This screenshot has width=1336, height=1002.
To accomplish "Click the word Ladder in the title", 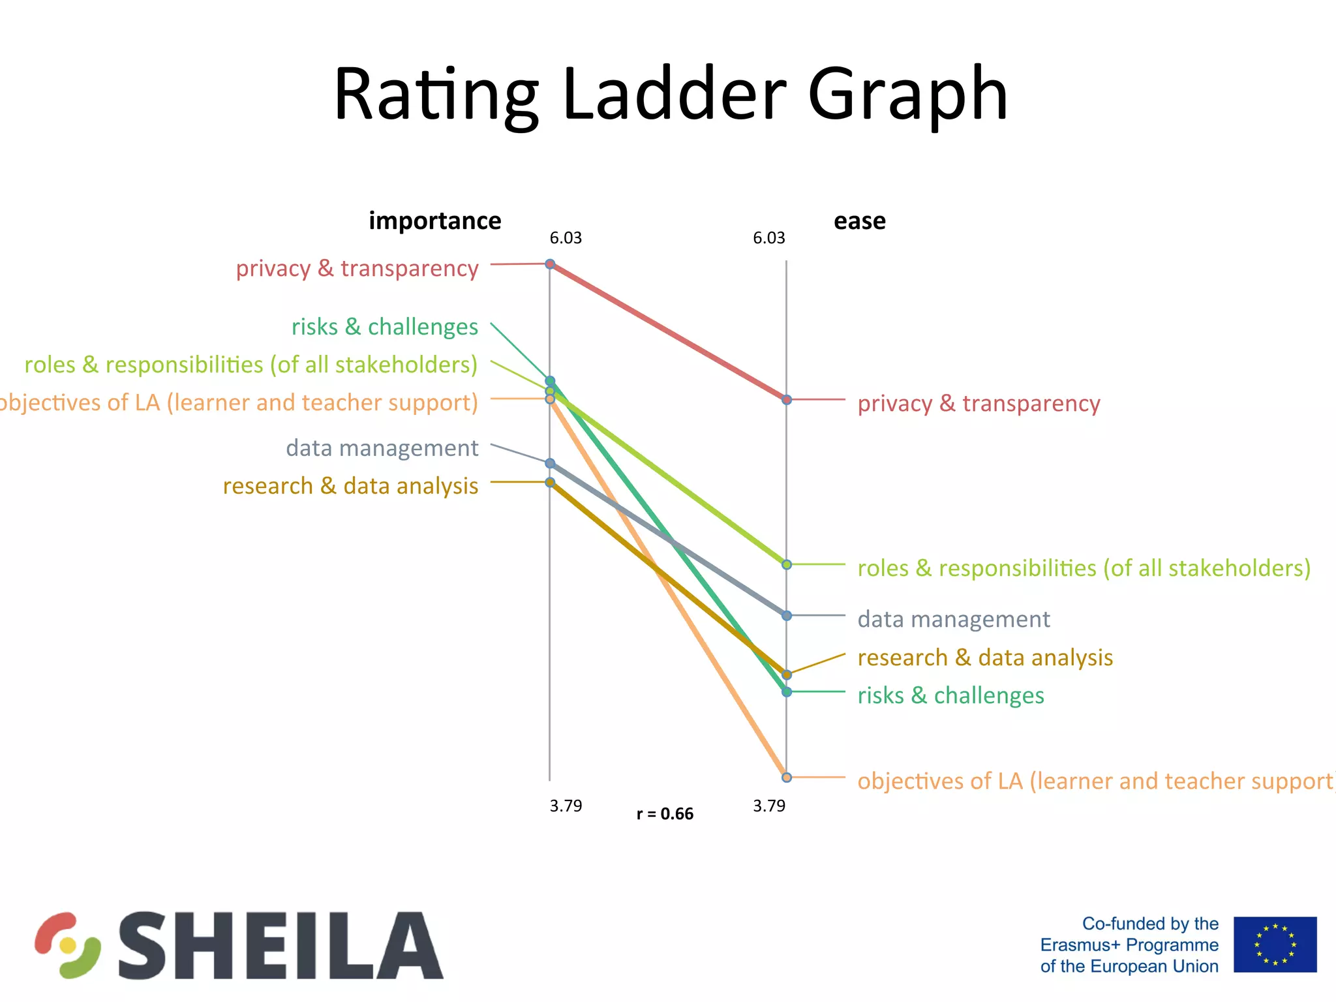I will click(674, 95).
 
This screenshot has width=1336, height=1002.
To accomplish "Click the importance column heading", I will click(434, 221).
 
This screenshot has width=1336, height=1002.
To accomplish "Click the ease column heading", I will click(859, 221).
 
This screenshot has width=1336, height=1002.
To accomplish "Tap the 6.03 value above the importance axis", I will click(565, 238).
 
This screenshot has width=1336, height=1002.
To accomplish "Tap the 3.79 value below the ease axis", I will click(768, 806).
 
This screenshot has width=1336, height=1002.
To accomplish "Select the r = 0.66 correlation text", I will click(665, 814).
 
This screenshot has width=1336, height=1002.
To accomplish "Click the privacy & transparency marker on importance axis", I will click(550, 264).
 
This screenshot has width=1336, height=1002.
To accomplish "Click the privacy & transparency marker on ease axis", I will click(787, 399).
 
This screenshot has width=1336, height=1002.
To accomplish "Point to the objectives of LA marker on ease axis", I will click(787, 777).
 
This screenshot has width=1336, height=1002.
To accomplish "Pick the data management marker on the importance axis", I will click(550, 463).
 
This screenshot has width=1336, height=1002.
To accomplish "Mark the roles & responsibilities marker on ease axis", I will click(787, 564).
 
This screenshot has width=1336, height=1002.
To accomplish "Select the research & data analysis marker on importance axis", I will click(550, 482).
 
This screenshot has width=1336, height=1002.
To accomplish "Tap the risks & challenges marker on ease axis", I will click(787, 691).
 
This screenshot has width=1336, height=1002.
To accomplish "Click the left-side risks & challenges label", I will click(384, 327).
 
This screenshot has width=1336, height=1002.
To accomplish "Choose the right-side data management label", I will click(953, 619).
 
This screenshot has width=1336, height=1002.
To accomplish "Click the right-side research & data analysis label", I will click(985, 658).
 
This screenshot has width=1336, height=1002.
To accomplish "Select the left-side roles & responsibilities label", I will click(250, 365).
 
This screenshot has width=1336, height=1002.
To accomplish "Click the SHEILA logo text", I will click(281, 945).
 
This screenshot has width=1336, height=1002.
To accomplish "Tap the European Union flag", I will click(1275, 945).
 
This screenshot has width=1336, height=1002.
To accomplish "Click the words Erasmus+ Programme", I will click(1129, 945).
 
